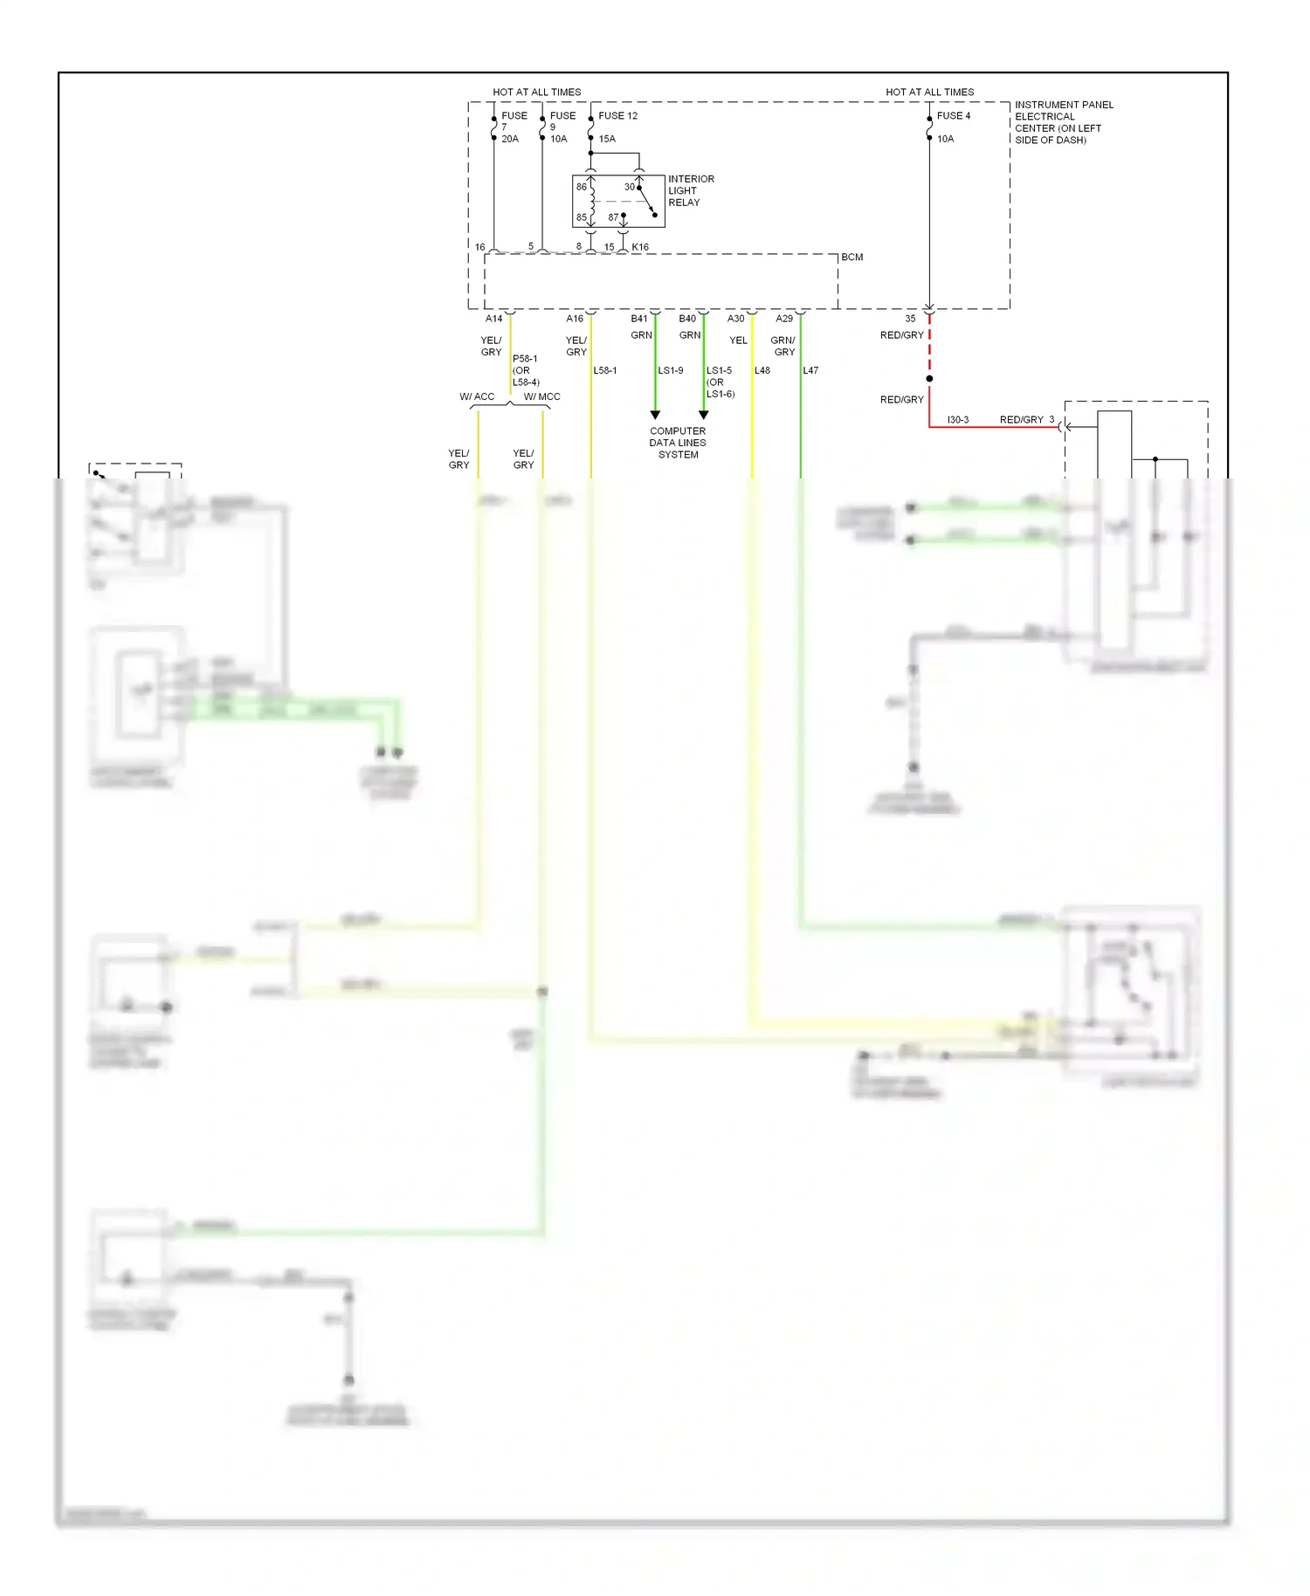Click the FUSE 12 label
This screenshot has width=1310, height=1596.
pyautogui.click(x=617, y=115)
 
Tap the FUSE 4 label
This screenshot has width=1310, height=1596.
pyautogui.click(x=953, y=115)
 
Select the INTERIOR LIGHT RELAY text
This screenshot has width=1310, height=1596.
pyautogui.click(x=690, y=190)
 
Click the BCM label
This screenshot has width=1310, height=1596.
pyautogui.click(x=851, y=257)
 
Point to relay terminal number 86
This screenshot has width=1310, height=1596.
pyautogui.click(x=582, y=187)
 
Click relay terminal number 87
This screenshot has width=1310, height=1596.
pyautogui.click(x=613, y=217)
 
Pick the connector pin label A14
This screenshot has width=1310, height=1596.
pyautogui.click(x=493, y=319)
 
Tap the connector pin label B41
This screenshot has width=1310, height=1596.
pyautogui.click(x=639, y=319)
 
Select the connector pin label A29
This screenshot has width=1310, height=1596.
pyautogui.click(x=784, y=319)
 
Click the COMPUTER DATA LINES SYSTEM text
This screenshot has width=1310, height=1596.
pyautogui.click(x=678, y=443)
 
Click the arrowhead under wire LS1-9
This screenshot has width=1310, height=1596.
pyautogui.click(x=655, y=415)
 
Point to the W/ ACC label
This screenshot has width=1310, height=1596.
pyautogui.click(x=477, y=396)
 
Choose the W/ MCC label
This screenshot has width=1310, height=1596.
pyautogui.click(x=541, y=396)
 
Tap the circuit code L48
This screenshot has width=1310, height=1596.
pyautogui.click(x=762, y=370)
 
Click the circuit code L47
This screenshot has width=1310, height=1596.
pyautogui.click(x=810, y=370)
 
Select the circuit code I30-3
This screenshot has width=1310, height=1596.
pyautogui.click(x=957, y=420)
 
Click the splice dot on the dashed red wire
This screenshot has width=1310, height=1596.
pyautogui.click(x=929, y=379)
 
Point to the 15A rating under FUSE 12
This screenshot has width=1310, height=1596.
pyautogui.click(x=607, y=139)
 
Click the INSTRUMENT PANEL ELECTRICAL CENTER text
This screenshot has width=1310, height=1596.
pyautogui.click(x=1063, y=122)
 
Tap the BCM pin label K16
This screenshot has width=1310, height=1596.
pyautogui.click(x=640, y=247)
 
